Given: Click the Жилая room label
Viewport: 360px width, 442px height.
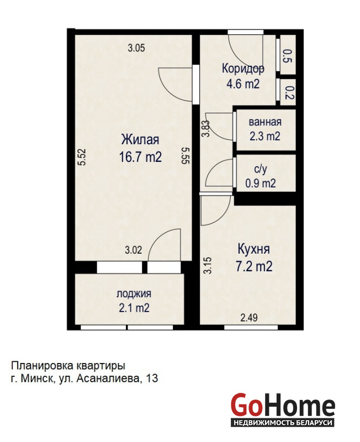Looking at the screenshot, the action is (x=140, y=140).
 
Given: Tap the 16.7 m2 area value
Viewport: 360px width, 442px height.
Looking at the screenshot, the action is (x=140, y=157).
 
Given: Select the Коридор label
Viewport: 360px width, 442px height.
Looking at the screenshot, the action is (x=243, y=69).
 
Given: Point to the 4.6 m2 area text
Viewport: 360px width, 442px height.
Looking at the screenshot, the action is (x=243, y=84).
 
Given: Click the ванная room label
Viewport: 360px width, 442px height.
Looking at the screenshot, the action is (x=265, y=122).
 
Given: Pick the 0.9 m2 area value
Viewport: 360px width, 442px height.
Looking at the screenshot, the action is (x=261, y=183).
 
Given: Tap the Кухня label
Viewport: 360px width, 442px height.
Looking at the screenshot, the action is (x=254, y=249).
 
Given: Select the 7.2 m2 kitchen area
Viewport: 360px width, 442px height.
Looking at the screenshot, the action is (x=254, y=266).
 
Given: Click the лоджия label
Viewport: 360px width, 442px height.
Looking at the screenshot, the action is (x=134, y=294).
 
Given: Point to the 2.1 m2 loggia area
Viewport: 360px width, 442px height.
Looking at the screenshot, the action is (x=134, y=308).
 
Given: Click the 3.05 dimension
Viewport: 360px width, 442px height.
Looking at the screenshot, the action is (x=136, y=48).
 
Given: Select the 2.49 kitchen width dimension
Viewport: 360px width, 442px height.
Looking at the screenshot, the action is (x=249, y=318).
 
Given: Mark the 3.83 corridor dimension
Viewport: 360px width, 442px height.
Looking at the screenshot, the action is (x=207, y=129).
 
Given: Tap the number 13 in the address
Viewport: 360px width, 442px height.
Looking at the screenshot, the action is (x=152, y=378).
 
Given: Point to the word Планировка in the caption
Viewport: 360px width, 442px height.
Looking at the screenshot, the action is (x=43, y=366).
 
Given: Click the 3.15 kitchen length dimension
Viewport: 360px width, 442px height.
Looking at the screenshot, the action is (x=208, y=266).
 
